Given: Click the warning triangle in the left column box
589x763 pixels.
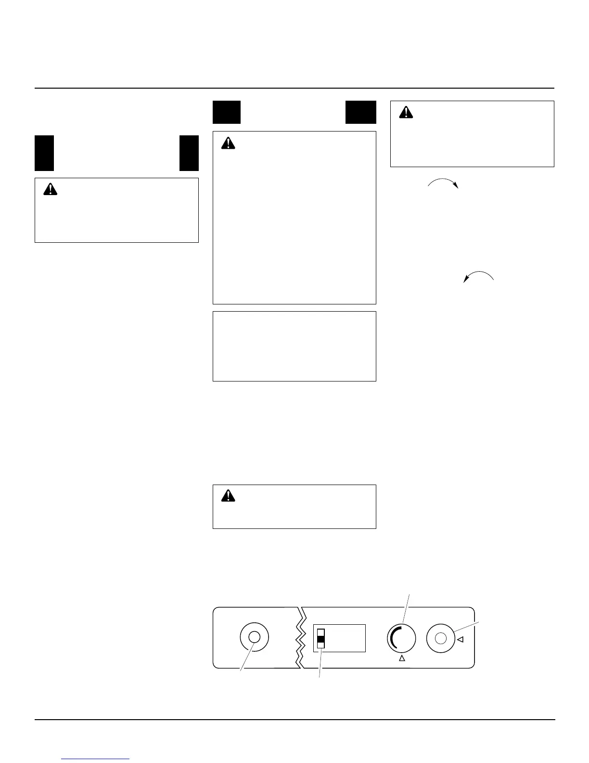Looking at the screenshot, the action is [x=50, y=189].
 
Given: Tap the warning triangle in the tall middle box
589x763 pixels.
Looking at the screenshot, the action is [x=228, y=143].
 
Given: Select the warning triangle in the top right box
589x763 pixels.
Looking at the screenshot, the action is [x=407, y=112].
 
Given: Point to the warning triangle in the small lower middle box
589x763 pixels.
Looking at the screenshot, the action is [x=228, y=496].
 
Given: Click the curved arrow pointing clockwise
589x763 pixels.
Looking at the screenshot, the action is [x=443, y=182].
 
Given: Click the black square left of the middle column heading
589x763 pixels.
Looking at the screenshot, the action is [x=227, y=112].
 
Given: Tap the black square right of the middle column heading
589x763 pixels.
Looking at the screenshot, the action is [x=360, y=112].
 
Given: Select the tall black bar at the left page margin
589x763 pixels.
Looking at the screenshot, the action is [x=44, y=153].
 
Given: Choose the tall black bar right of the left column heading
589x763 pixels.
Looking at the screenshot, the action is [x=189, y=153].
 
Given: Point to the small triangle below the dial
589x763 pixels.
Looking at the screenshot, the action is [x=402, y=658].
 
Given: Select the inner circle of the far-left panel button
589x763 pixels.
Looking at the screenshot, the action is [x=254, y=637].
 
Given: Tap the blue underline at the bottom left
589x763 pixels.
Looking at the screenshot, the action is [x=96, y=759].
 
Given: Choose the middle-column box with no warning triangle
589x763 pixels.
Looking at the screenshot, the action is [x=294, y=346].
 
